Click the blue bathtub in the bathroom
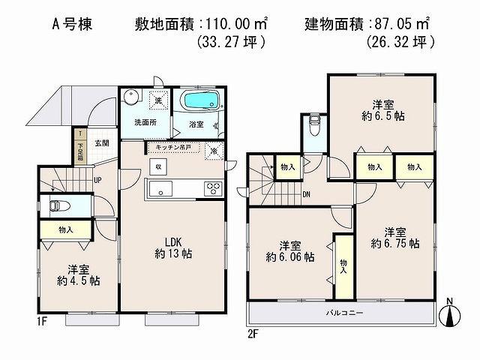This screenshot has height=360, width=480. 200,100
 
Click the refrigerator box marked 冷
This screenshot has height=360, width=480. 214,151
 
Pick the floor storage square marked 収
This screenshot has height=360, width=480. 158,166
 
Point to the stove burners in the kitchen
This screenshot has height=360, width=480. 213,188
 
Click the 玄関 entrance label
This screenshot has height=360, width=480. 102,142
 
